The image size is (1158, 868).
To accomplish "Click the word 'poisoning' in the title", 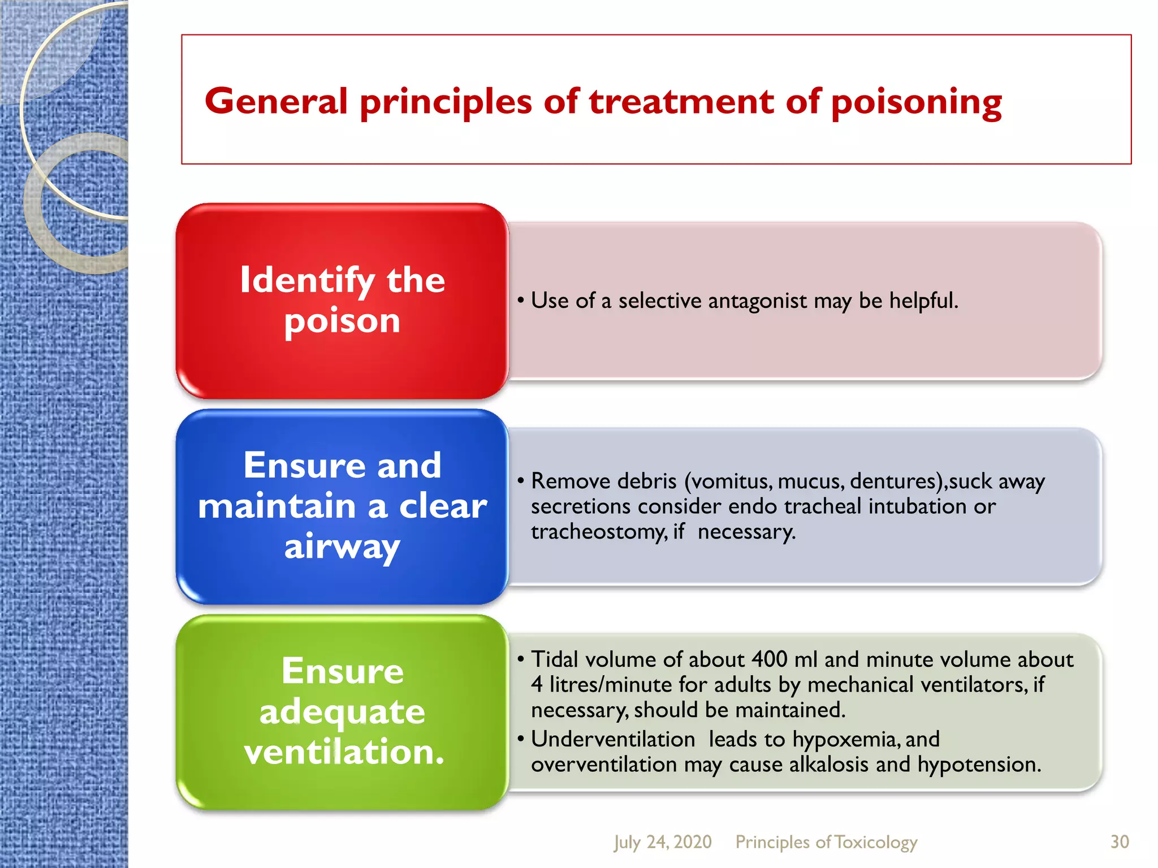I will (916, 103).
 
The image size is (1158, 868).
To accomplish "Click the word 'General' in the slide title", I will (276, 102).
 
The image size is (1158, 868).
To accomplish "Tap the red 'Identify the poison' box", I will (342, 301).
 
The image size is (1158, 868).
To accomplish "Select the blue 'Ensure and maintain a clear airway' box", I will (342, 506).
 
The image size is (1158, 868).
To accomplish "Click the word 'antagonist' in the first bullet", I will (757, 301).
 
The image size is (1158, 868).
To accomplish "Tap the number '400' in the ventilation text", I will (769, 659).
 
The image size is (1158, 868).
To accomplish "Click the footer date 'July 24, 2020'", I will (663, 842).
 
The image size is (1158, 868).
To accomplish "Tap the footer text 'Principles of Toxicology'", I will (826, 842).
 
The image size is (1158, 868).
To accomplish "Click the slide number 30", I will (1120, 842).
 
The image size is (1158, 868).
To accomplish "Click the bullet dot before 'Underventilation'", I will (521, 739).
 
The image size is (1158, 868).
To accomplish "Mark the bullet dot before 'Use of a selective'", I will (521, 300).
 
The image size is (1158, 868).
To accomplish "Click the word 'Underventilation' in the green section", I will (613, 739).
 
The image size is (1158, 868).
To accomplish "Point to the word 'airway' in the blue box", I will (342, 546).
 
